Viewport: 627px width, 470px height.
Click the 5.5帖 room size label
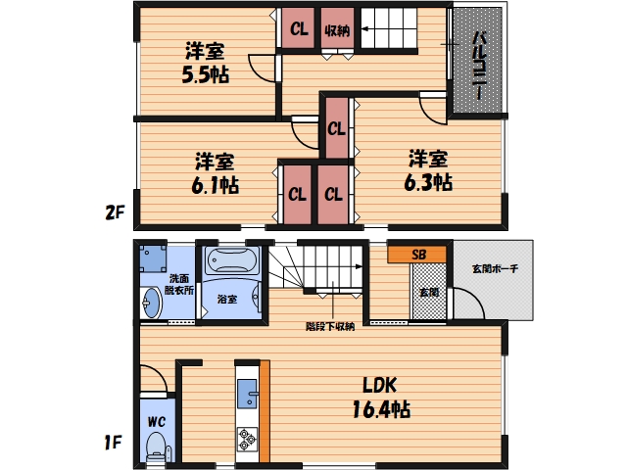pyautogui.click(x=206, y=74)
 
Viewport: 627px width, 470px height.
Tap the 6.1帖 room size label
pyautogui.click(x=216, y=185)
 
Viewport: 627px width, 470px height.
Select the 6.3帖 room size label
pyautogui.click(x=428, y=182)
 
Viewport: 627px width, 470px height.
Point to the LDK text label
pyautogui.click(x=380, y=385)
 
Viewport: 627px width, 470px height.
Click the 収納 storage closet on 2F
pyautogui.click(x=337, y=28)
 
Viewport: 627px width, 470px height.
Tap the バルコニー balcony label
pyautogui.click(x=479, y=66)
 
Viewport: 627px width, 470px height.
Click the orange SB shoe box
pyautogui.click(x=416, y=255)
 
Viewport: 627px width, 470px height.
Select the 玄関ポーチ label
pyautogui.click(x=495, y=268)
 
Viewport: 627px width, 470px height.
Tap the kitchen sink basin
pyautogui.click(x=247, y=394)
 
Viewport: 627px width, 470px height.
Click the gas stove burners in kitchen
pyautogui.click(x=247, y=440)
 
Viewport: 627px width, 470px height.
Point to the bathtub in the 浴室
pyautogui.click(x=231, y=260)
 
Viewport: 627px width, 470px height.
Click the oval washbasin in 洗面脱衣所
pyautogui.click(x=152, y=303)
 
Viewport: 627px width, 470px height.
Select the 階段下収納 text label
pyautogui.click(x=330, y=326)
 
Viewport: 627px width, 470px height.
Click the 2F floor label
pyautogui.click(x=115, y=212)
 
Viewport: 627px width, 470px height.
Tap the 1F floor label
pyautogui.click(x=114, y=443)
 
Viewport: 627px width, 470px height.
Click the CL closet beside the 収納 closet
pyautogui.click(x=298, y=28)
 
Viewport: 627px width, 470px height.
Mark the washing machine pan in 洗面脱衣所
pyautogui.click(x=153, y=258)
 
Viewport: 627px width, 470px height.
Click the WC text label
pyautogui.click(x=157, y=421)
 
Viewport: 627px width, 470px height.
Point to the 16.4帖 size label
pyautogui.click(x=381, y=409)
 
